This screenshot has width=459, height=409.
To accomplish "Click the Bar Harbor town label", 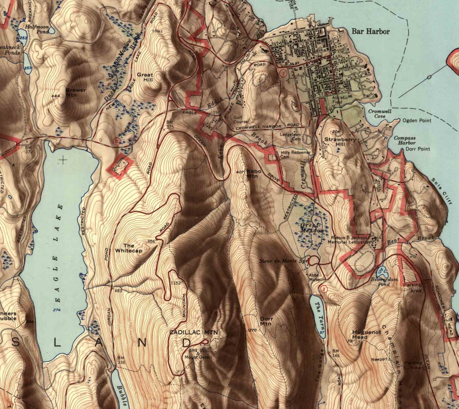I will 371,32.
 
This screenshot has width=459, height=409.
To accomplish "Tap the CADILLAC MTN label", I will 193,333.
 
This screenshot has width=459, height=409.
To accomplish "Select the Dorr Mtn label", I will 266,321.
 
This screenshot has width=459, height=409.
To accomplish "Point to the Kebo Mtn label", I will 254,174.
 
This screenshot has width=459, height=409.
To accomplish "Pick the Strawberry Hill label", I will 340,140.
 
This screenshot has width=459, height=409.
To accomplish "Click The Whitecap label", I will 129,248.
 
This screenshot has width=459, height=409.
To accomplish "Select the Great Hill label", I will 145,77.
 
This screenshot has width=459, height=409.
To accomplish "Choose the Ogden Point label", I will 417,121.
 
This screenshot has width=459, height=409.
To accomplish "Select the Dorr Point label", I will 418,149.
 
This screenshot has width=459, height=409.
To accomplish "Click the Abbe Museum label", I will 317,277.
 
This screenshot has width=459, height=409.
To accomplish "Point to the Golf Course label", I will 240,120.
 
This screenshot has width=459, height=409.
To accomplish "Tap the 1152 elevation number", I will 176,283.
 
